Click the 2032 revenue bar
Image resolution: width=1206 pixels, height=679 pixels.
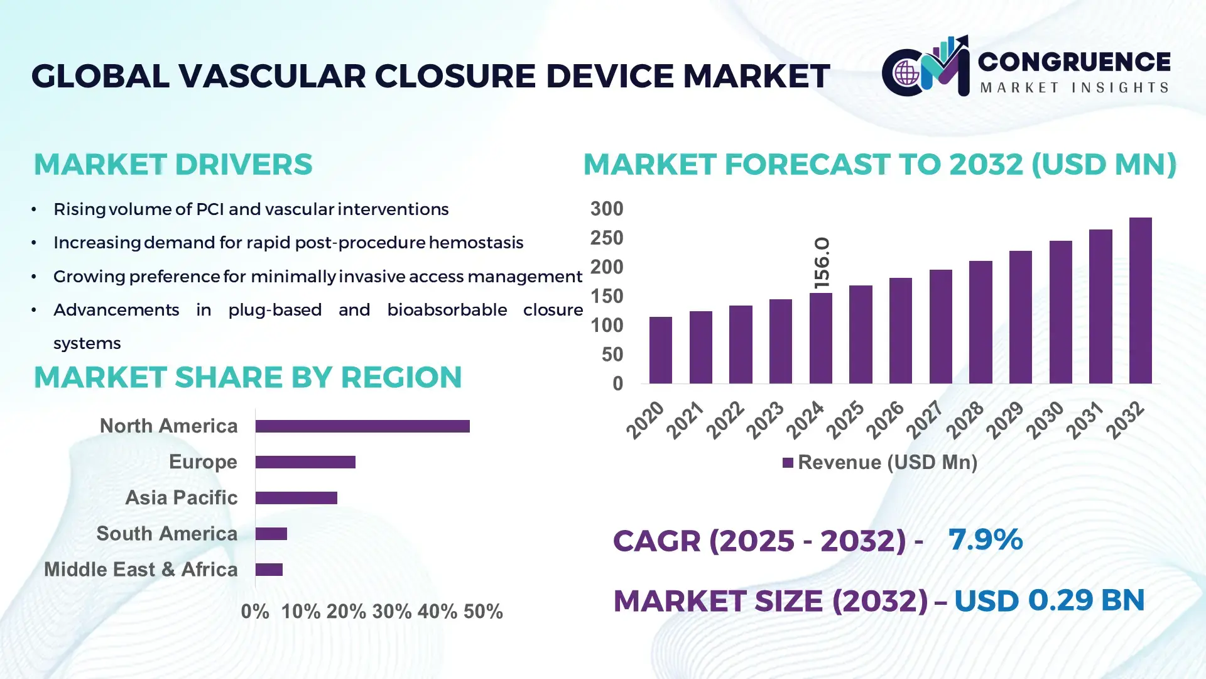1140,301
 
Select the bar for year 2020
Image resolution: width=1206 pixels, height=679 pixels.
660,350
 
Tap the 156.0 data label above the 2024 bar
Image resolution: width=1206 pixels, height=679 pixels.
822,263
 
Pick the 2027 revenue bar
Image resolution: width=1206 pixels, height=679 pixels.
940,326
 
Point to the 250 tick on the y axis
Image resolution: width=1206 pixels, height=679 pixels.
606,238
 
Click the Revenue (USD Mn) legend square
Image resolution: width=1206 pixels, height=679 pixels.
788,463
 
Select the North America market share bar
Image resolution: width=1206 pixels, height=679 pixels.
362,426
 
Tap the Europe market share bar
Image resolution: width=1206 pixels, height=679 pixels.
305,462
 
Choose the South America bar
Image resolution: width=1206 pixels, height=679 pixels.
271,534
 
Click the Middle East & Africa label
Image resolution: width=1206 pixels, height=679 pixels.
141,570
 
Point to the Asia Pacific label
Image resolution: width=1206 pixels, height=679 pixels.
181,498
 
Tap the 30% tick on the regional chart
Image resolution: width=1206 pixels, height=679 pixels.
391,612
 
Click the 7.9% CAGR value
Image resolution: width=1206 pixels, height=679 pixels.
985,539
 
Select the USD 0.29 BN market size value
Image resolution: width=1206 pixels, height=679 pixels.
1049,600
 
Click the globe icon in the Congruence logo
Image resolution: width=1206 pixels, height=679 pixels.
906,73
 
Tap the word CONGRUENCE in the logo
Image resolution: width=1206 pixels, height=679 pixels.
1073,62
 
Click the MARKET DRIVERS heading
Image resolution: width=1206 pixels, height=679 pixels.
173,165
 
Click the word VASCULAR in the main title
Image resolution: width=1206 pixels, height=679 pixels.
271,77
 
